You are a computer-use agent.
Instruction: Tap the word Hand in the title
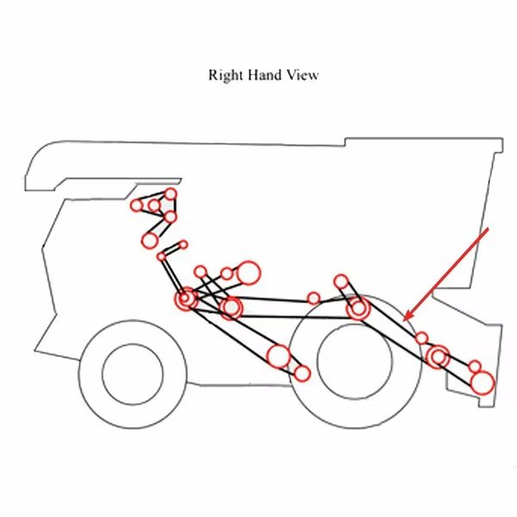click(265, 75)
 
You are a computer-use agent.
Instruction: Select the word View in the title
click(302, 75)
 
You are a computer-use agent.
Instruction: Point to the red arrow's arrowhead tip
click(404, 321)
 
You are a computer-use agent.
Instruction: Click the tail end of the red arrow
click(488, 229)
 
